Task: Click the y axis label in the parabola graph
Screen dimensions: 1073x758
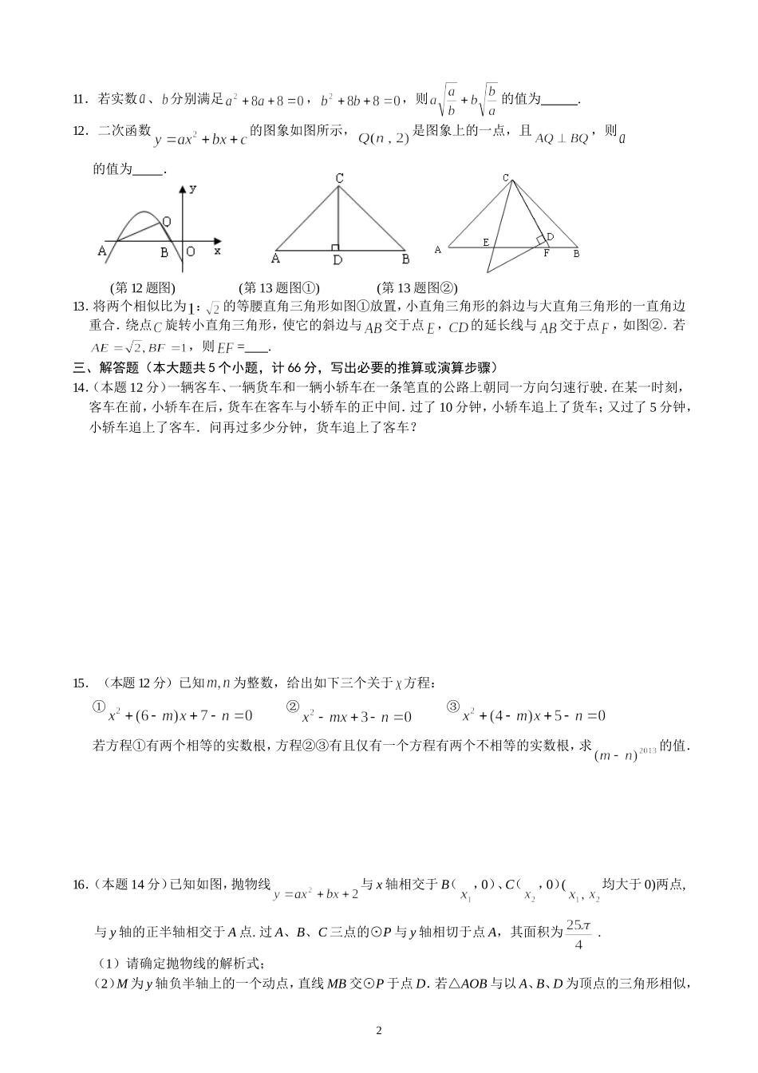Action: (193, 188)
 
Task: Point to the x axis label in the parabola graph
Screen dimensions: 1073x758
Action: (217, 251)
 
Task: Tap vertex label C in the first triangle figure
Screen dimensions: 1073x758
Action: (339, 179)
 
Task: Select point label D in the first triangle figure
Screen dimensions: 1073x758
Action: (338, 260)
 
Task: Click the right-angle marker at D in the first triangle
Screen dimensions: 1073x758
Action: (335, 247)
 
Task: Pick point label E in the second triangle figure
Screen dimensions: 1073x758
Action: (485, 241)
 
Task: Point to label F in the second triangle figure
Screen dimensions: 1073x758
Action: (547, 254)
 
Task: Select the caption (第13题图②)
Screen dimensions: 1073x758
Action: (417, 288)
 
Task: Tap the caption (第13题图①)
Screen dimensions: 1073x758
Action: (278, 288)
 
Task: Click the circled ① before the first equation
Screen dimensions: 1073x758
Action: (99, 706)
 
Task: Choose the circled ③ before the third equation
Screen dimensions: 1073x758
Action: (454, 706)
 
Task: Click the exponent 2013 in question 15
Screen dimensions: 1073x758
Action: (647, 750)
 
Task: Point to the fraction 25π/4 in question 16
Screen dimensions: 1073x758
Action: (578, 934)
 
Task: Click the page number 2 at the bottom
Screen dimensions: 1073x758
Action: (379, 1031)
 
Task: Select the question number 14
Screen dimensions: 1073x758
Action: (79, 388)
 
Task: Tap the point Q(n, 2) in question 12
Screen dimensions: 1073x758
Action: (383, 138)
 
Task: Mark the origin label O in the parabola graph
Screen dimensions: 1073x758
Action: (191, 251)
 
